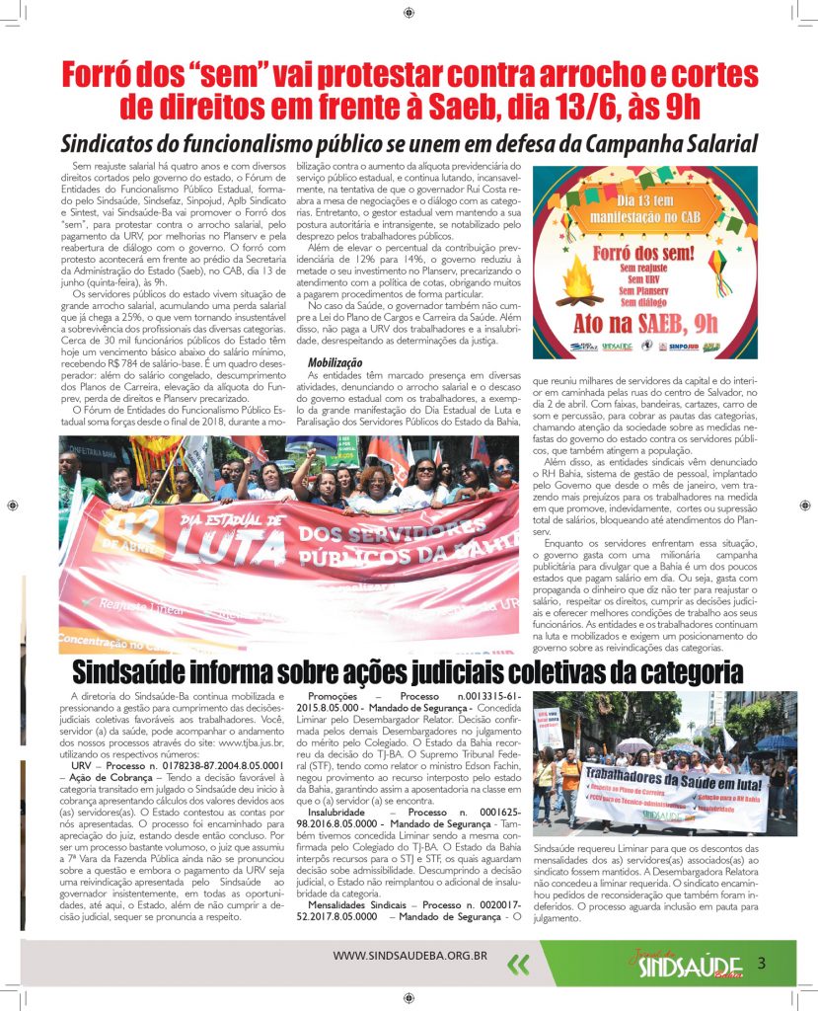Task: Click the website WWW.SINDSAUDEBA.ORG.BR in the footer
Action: pyautogui.click(x=410, y=955)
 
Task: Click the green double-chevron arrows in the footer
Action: pyautogui.click(x=517, y=964)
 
